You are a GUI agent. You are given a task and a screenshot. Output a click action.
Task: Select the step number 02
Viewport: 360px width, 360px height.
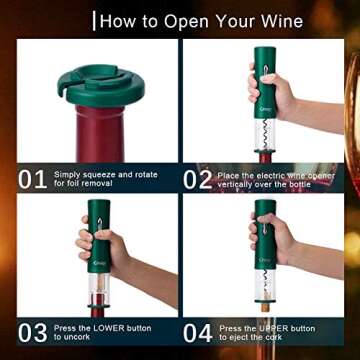197,180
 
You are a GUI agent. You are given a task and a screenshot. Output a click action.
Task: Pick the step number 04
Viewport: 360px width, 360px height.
197,329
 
